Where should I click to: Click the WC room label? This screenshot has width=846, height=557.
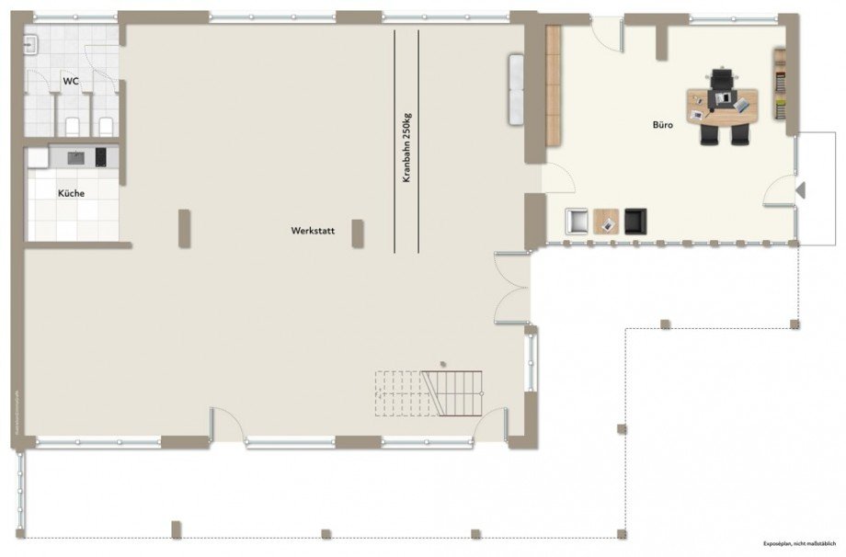71,82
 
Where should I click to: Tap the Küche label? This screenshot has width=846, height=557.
72,194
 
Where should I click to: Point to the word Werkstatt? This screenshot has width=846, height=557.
311,233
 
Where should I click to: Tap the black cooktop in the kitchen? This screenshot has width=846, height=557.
100,157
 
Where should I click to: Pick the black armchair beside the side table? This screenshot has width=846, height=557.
636,222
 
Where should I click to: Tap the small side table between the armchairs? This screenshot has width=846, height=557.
607,222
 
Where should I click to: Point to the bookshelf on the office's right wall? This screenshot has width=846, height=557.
779,85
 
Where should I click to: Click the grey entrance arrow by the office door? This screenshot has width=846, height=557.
801,190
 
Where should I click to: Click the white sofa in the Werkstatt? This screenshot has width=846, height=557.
516,90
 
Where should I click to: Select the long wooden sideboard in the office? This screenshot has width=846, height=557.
554,84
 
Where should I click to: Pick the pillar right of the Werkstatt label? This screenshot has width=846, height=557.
357,234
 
